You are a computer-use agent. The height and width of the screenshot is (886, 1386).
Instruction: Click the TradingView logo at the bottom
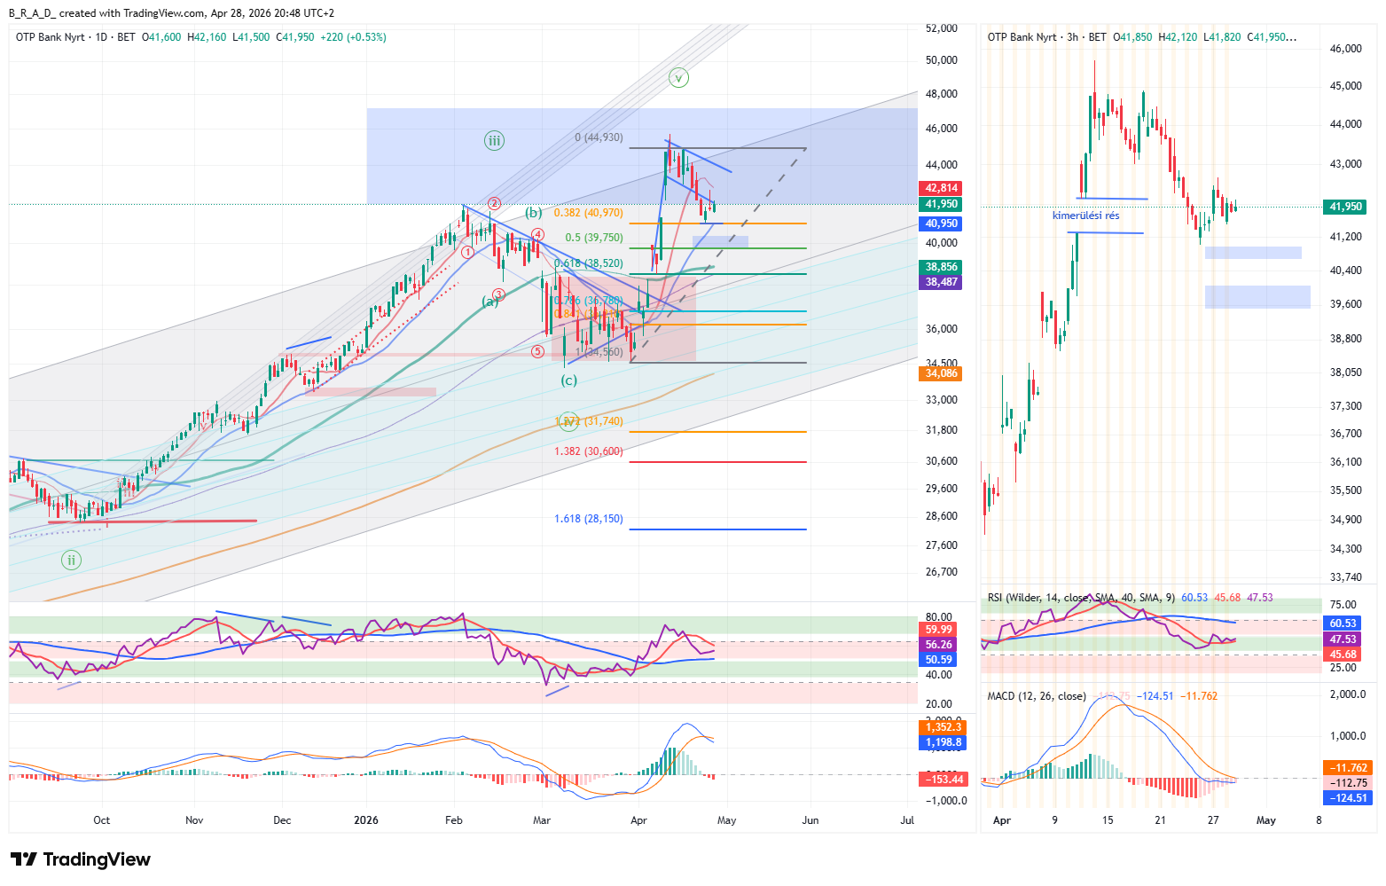(80, 859)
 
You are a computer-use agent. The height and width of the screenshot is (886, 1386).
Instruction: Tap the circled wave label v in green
(678, 78)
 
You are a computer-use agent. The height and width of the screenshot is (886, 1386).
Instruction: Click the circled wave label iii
(494, 140)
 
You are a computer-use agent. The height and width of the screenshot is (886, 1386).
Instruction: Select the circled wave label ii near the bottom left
(71, 560)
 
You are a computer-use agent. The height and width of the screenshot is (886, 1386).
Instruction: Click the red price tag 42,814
(942, 188)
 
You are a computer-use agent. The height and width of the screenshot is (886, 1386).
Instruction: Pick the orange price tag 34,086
(942, 373)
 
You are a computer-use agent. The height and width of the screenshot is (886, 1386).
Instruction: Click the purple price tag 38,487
(942, 282)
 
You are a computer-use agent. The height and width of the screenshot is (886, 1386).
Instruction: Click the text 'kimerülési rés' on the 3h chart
(1085, 216)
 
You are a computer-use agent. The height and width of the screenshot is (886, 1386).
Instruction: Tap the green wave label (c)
(568, 380)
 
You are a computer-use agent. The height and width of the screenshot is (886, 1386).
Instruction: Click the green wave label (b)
(533, 213)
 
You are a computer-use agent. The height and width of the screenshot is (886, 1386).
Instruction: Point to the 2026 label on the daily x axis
(366, 820)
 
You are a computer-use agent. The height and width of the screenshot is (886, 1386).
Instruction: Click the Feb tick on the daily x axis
(453, 820)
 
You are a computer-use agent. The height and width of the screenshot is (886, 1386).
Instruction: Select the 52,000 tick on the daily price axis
(941, 28)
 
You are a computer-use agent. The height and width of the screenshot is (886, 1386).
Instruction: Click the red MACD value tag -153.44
(942, 780)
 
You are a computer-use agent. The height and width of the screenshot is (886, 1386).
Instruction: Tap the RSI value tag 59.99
(939, 630)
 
